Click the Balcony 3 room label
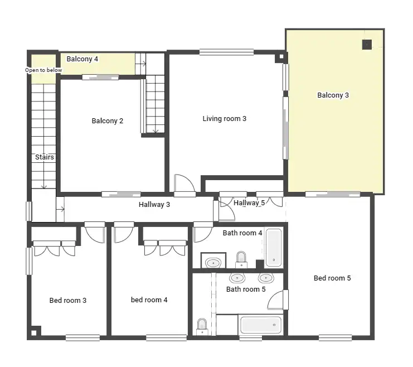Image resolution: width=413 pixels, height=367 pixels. pyautogui.click(x=333, y=95)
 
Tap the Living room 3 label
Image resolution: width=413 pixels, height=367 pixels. pyautogui.click(x=225, y=119)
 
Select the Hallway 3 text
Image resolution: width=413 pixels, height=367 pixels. pyautogui.click(x=154, y=204)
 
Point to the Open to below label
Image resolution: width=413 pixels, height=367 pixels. pyautogui.click(x=43, y=70)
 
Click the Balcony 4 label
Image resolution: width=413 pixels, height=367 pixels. pyautogui.click(x=82, y=59)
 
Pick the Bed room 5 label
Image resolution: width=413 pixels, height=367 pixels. pyautogui.click(x=332, y=278)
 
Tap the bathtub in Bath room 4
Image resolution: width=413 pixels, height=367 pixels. pyautogui.click(x=274, y=248)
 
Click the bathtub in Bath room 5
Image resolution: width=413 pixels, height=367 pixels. pyautogui.click(x=261, y=325)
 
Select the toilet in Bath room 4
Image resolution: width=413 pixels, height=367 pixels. pyautogui.click(x=241, y=260)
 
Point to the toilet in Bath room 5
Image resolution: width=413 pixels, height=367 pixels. pyautogui.click(x=202, y=327)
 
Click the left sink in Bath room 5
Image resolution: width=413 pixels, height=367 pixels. pyautogui.click(x=237, y=278)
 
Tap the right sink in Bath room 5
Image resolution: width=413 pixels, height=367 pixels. pyautogui.click(x=266, y=278)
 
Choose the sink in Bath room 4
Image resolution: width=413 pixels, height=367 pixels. pyautogui.click(x=213, y=263)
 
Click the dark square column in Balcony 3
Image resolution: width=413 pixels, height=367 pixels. pyautogui.click(x=367, y=45)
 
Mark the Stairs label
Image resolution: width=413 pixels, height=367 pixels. pyautogui.click(x=45, y=157)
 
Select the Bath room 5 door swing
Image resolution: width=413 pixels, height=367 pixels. pyautogui.click(x=275, y=300)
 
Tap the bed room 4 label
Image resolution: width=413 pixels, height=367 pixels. pyautogui.click(x=149, y=300)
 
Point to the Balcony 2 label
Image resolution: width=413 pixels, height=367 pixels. pyautogui.click(x=108, y=120)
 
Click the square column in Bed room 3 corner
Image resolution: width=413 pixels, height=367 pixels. pyautogui.click(x=34, y=333)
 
